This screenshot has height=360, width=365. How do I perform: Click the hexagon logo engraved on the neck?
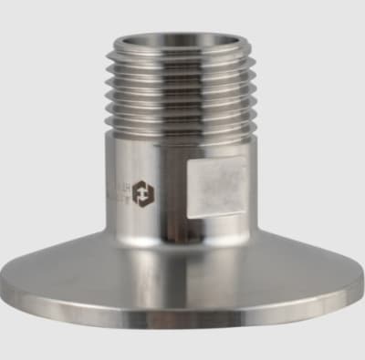[143, 192]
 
